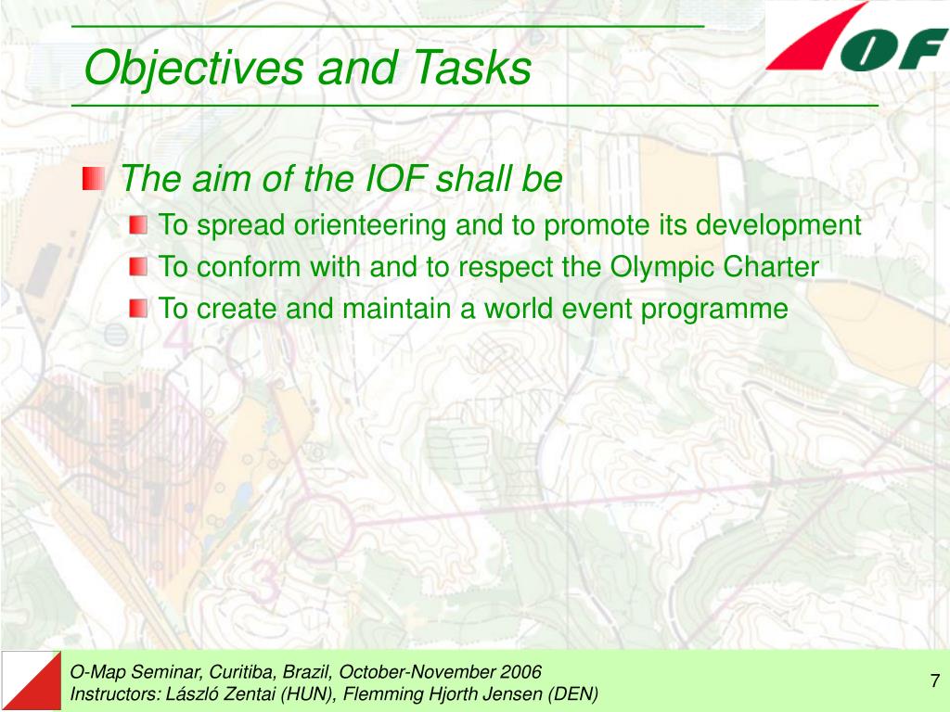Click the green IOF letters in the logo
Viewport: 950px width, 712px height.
(893, 49)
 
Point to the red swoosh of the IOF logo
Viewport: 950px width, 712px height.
(815, 37)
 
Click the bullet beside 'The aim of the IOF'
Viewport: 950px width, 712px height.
(94, 179)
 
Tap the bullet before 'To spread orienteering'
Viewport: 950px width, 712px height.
(138, 225)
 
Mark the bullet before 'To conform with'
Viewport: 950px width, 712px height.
(138, 266)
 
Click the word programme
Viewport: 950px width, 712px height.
(714, 310)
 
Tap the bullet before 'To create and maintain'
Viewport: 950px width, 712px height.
(138, 308)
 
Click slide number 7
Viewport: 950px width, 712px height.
(935, 680)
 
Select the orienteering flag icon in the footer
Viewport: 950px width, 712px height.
(31, 681)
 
